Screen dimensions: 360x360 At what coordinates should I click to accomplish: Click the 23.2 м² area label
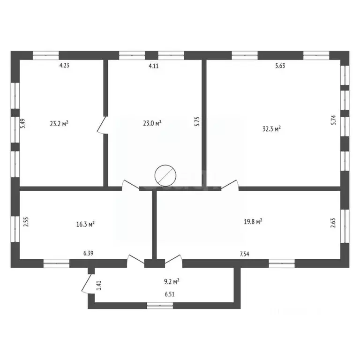pos(59,124)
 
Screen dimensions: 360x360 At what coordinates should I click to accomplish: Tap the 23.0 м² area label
pos(152,123)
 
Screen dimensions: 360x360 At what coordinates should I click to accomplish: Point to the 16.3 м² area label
pos(86,225)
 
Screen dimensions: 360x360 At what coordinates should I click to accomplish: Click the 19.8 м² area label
pos(252,222)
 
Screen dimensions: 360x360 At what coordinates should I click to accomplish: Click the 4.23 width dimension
pos(64,66)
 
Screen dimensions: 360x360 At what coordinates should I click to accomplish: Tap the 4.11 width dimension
pos(154,66)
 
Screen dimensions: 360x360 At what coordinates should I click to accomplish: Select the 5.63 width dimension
pos(280,66)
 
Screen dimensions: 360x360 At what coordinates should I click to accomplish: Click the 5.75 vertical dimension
pos(197,122)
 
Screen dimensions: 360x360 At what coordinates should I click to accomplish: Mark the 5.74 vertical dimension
pos(333,120)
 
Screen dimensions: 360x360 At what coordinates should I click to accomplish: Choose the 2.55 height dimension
pos(26,222)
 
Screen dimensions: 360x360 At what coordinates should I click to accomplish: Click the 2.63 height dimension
pos(333,222)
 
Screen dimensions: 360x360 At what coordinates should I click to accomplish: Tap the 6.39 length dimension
pos(89,254)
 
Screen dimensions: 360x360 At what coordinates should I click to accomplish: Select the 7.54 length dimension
pos(244,254)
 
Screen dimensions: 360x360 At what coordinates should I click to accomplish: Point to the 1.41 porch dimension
pos(98,285)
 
